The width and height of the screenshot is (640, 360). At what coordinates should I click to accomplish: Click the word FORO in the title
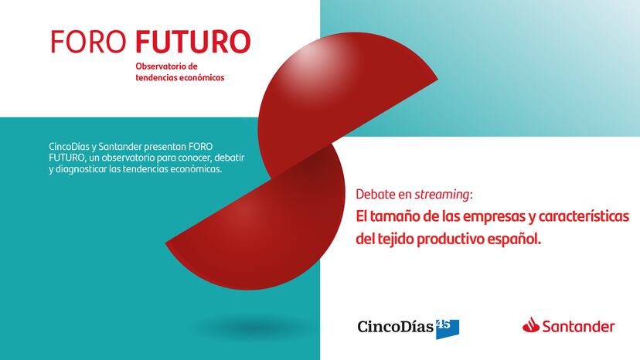(88, 42)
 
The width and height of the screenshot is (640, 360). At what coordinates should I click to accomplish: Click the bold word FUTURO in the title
(192, 42)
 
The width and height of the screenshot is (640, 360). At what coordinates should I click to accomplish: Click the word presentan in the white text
(165, 147)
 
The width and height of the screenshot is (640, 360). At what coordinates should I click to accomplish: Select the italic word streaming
(442, 195)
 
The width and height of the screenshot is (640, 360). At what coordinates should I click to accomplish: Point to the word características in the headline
(584, 216)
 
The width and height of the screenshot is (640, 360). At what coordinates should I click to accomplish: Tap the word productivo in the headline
(449, 239)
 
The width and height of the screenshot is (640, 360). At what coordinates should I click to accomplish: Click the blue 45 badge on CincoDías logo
(448, 329)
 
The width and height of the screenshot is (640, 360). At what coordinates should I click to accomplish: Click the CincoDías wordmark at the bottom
(395, 327)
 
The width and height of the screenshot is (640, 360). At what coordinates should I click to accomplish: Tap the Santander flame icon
(530, 325)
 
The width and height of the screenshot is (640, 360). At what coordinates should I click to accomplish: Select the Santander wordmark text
(578, 327)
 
